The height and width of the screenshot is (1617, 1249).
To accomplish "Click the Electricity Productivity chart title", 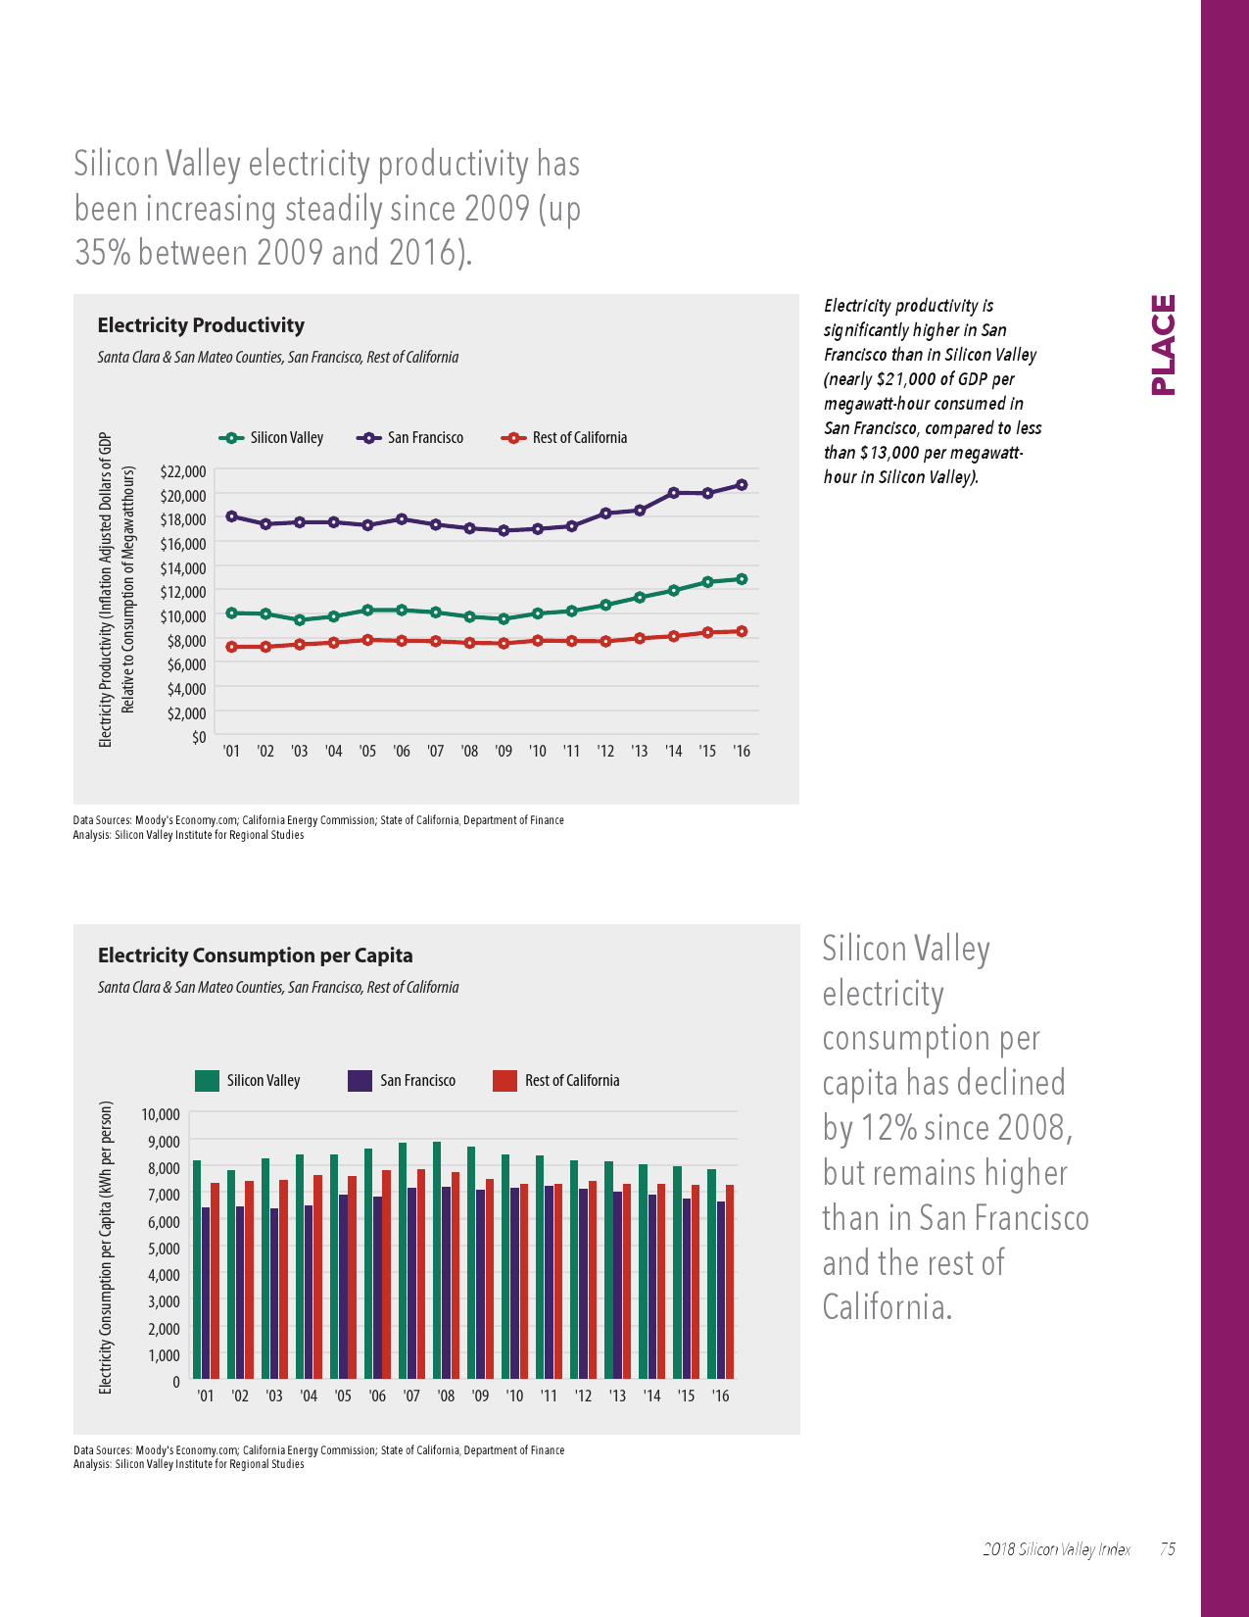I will (x=201, y=325).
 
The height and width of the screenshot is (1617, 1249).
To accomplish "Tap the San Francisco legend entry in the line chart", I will (x=411, y=438).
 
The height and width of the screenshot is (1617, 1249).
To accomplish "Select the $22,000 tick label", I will (x=183, y=471).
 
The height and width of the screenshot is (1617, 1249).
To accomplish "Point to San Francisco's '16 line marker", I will (x=742, y=485).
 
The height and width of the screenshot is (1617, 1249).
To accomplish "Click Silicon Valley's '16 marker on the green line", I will (x=742, y=579).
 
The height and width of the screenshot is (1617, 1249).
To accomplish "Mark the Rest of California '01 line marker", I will (x=231, y=647).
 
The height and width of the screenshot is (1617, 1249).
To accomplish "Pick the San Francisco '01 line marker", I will (x=231, y=516).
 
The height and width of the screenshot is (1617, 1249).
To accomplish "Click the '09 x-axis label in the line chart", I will (x=504, y=752).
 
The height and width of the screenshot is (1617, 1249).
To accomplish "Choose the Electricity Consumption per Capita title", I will (x=255, y=955).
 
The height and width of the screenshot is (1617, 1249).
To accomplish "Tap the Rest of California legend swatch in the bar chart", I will (x=504, y=1081).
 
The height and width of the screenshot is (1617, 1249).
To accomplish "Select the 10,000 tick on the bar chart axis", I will (x=162, y=1114).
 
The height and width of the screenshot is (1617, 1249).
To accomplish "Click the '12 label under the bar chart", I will (x=583, y=1396).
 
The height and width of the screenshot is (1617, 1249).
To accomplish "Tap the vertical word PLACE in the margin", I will (x=1163, y=345).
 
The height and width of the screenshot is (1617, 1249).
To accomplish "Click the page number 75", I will (x=1168, y=1549).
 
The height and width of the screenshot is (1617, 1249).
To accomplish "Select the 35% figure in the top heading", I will (x=103, y=253).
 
